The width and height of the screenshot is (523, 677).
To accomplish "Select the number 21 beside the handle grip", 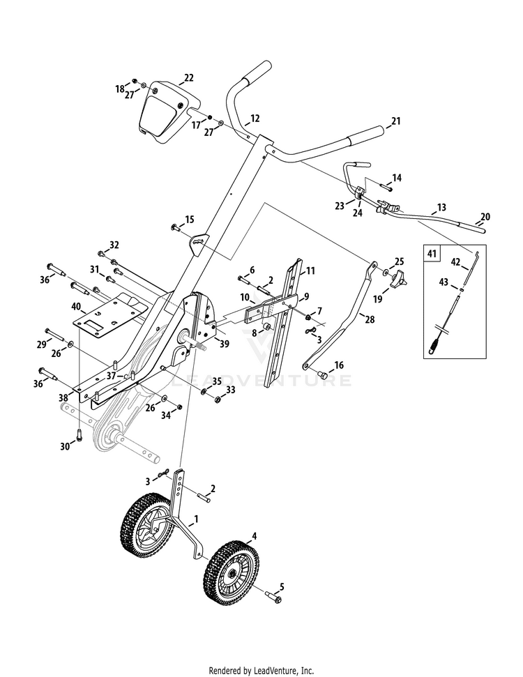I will [396, 121].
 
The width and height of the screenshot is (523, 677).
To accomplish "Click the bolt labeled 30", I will [79, 436].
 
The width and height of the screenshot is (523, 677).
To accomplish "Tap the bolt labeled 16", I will [323, 375].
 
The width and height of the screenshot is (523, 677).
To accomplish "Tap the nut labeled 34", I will [178, 406].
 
